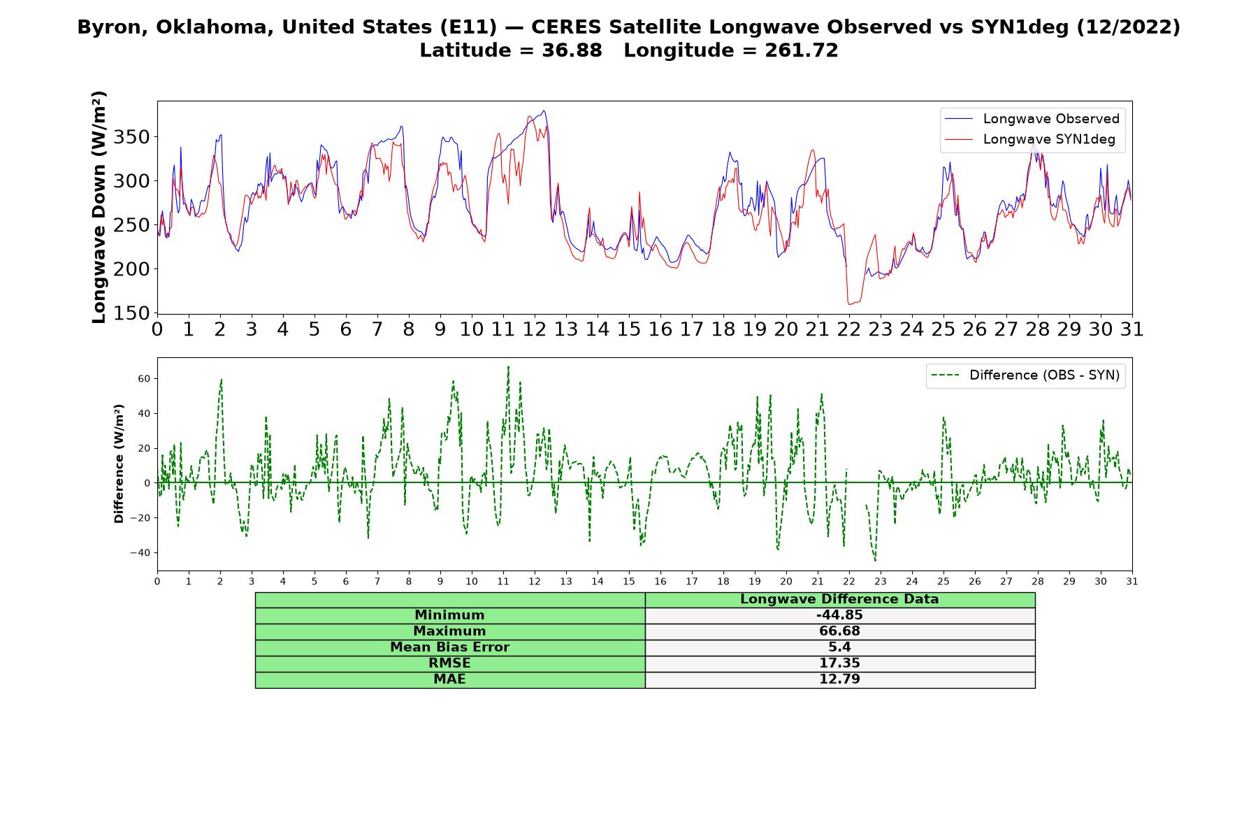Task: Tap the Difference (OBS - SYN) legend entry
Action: tap(1025, 375)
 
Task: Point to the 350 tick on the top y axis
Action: tap(132, 137)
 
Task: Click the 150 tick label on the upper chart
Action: tap(132, 313)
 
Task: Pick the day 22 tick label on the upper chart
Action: tap(849, 329)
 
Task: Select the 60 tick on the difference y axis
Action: tap(144, 378)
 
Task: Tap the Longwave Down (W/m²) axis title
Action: tap(99, 207)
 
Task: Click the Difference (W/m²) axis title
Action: tap(119, 464)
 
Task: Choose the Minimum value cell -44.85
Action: tap(839, 615)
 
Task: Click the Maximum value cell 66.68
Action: tap(839, 631)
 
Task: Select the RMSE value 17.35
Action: tap(839, 663)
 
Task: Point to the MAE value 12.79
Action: tap(839, 679)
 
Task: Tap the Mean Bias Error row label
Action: tap(449, 647)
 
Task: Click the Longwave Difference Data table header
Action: tap(839, 599)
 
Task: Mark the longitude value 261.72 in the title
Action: tap(801, 50)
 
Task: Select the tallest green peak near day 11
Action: tap(508, 366)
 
